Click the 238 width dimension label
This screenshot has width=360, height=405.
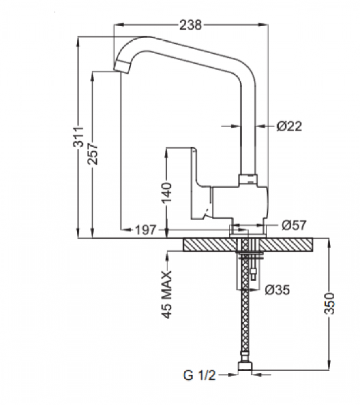pos(191,25)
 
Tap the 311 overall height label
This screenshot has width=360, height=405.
pos(78,137)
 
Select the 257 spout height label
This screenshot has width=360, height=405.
pos(92,153)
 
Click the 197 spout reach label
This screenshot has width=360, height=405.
pos(146,230)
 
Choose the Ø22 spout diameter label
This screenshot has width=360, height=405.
pos(289,126)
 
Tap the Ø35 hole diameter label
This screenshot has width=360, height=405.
pos(277,290)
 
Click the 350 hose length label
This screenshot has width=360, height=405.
pos(330,303)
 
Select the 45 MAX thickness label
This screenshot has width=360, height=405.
pos(167,294)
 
